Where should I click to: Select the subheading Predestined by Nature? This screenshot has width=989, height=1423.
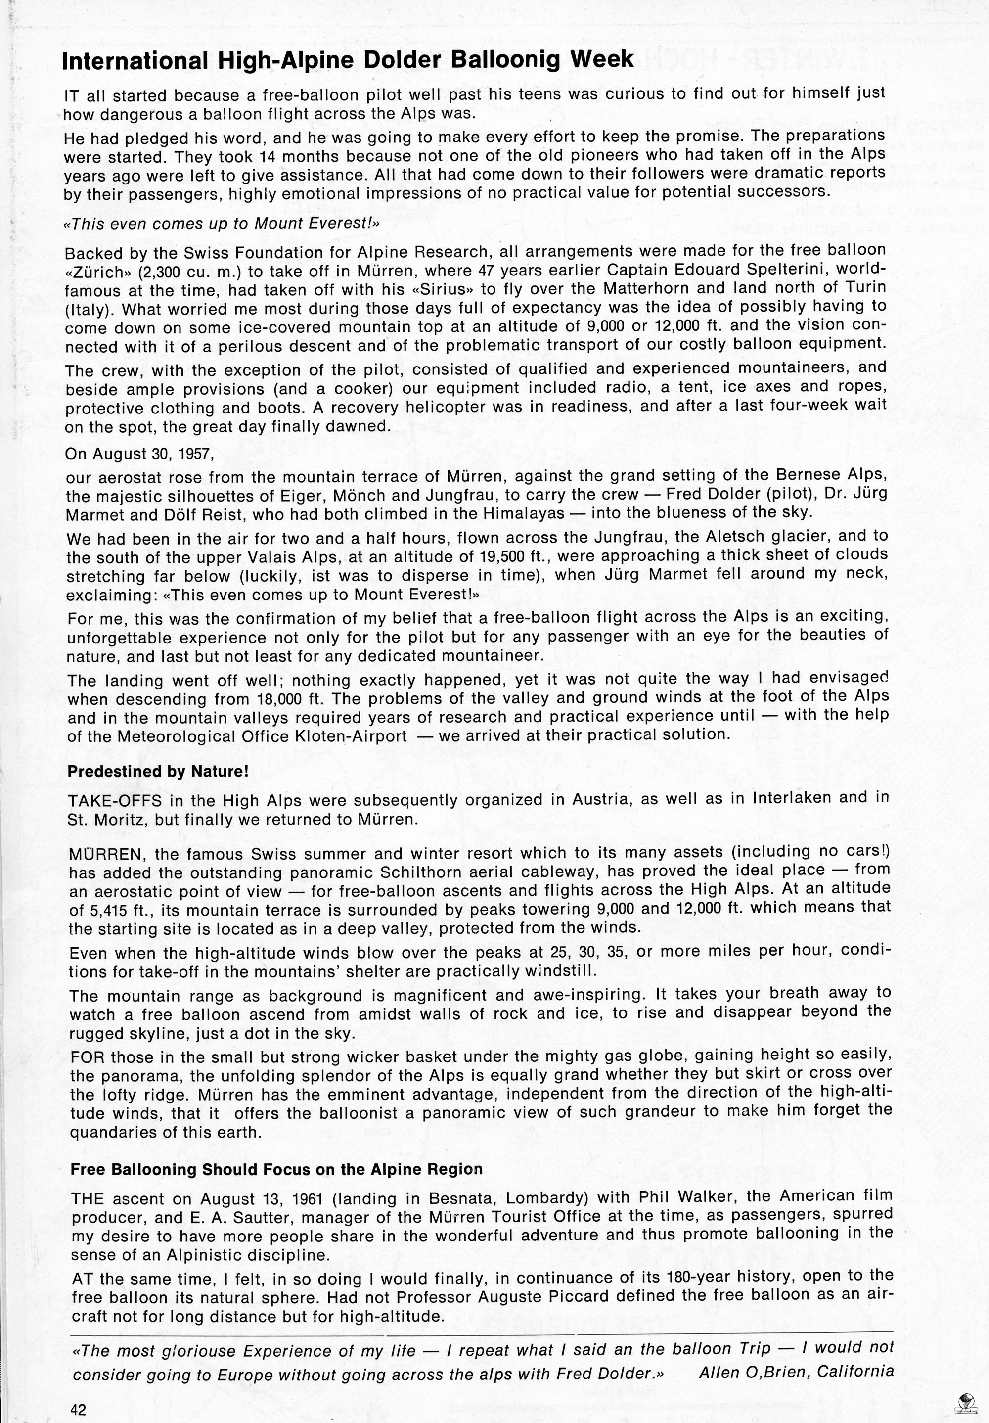tap(158, 771)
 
